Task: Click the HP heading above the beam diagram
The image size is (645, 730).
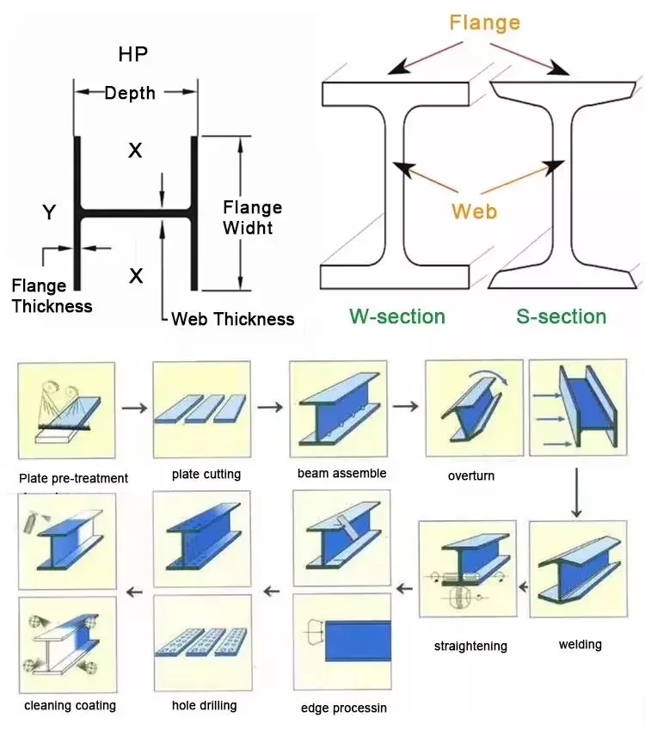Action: tap(132, 54)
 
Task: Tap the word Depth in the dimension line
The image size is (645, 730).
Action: tap(130, 92)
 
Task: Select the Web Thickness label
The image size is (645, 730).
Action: tap(232, 319)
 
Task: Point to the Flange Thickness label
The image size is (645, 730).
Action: tap(52, 296)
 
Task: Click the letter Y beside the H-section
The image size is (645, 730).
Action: tap(50, 212)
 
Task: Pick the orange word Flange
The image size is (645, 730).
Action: tap(485, 22)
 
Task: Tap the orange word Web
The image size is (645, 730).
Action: tap(474, 211)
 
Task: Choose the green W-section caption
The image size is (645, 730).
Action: tap(396, 316)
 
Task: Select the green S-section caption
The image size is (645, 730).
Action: tap(561, 316)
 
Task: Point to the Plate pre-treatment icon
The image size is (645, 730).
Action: tap(66, 411)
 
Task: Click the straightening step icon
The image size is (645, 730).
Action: tap(468, 568)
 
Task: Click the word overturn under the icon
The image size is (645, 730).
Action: tap(471, 475)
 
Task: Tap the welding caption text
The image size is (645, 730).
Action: tap(580, 644)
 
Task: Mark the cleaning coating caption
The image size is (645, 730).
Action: tap(70, 706)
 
